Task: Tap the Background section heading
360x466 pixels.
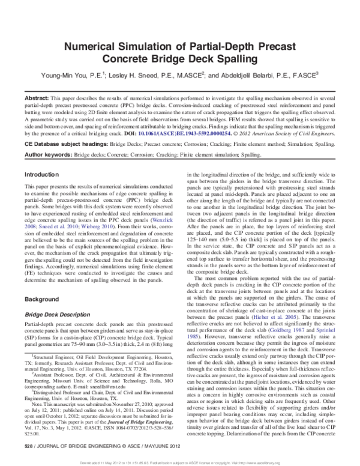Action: [x=41, y=281]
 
